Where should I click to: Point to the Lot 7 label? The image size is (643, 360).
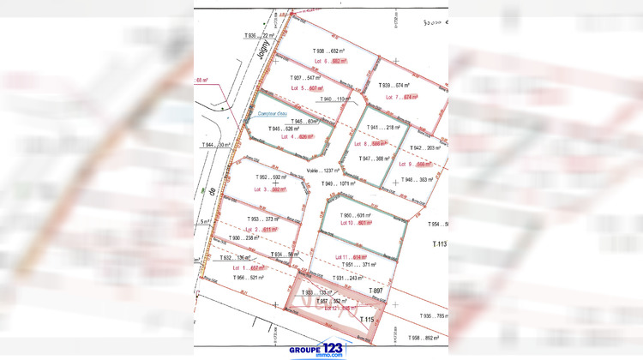pyautogui.click(x=393, y=97)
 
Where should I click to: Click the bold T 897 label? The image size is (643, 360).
pyautogui.click(x=375, y=291)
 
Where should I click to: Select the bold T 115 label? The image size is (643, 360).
pyautogui.click(x=368, y=320)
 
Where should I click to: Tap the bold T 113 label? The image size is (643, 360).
pyautogui.click(x=439, y=244)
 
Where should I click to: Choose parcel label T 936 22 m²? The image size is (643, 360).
pyautogui.click(x=257, y=35)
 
